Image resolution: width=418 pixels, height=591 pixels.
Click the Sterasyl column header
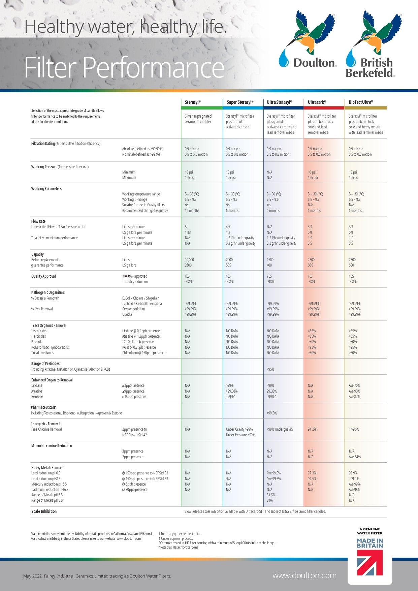click(x=193, y=102)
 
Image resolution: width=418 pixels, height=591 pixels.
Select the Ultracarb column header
click(x=317, y=102)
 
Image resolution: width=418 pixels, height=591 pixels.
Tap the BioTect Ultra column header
click(x=361, y=102)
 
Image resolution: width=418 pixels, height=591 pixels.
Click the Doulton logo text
click(x=315, y=63)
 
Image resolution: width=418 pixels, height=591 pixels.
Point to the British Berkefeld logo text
click(x=370, y=68)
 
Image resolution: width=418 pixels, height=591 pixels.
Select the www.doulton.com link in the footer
click(x=304, y=576)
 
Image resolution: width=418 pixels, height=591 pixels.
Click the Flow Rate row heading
click(x=38, y=221)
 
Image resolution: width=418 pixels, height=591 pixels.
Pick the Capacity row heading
click(x=37, y=254)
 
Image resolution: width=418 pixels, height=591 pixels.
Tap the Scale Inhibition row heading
click(x=44, y=511)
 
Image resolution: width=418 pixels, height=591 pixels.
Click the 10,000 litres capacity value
click(x=189, y=260)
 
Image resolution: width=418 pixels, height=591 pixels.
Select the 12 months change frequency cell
click(x=192, y=211)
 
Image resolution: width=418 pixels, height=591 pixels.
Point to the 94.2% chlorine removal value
click(x=312, y=429)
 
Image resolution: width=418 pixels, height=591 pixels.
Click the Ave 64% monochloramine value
click(x=355, y=457)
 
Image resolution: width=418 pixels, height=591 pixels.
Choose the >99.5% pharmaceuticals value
click(x=272, y=413)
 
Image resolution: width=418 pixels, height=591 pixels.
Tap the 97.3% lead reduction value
click(x=312, y=473)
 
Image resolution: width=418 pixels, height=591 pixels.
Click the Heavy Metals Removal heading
click(x=47, y=468)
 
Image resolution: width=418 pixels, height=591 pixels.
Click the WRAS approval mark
click(x=128, y=276)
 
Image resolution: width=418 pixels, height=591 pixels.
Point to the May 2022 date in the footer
click(x=32, y=576)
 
